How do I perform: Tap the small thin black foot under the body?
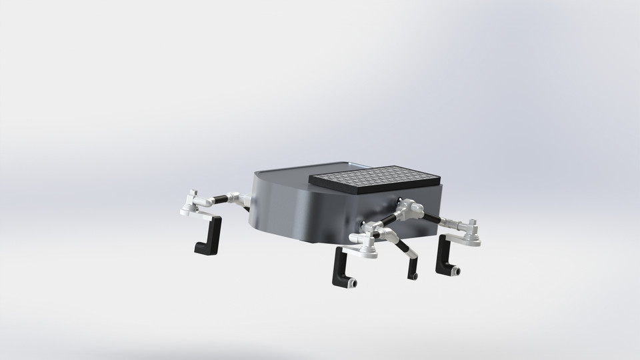[415, 274]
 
